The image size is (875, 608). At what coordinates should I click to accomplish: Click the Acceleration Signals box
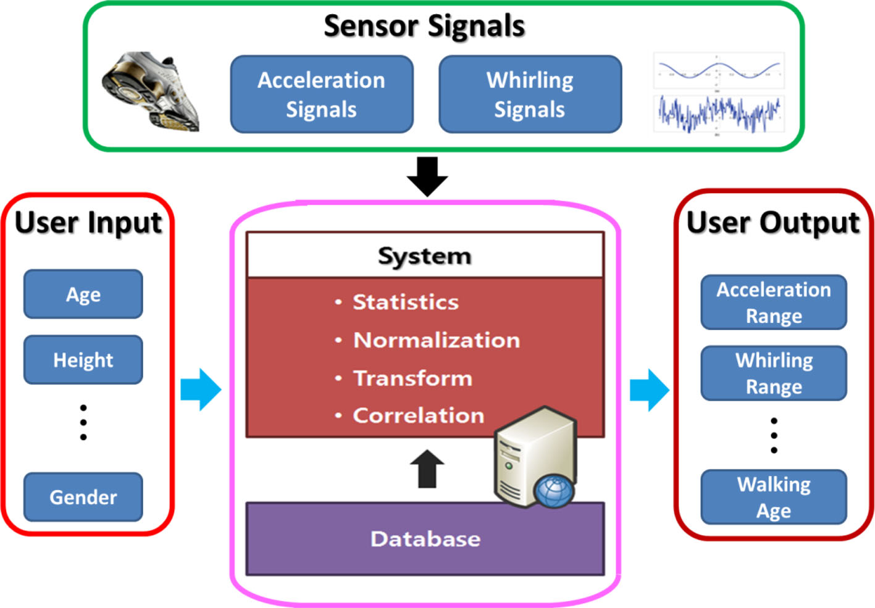(321, 94)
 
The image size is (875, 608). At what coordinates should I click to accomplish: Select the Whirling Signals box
(530, 94)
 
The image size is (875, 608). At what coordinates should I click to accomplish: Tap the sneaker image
(150, 91)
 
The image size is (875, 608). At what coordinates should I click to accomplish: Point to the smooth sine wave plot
(719, 70)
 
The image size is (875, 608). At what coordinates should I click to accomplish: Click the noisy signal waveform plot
(719, 113)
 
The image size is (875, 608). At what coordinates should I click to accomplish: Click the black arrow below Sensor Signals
(427, 176)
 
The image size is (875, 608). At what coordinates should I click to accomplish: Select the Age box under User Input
(83, 294)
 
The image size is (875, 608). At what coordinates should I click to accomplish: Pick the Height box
(83, 360)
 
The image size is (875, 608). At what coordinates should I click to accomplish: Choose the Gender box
(83, 497)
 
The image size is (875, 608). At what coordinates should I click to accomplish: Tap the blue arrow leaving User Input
(201, 389)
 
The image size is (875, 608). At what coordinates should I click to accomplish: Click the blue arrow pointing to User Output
(649, 389)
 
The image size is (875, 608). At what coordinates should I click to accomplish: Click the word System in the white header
(424, 256)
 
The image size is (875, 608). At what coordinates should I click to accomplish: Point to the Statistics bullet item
(405, 302)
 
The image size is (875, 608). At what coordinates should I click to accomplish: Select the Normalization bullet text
(436, 340)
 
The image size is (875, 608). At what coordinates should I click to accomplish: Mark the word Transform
(412, 378)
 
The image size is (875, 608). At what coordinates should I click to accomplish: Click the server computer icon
(535, 457)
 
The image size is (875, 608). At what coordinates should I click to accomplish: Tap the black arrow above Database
(427, 469)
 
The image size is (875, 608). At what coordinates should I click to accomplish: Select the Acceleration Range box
(773, 302)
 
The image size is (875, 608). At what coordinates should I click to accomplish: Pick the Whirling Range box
(773, 373)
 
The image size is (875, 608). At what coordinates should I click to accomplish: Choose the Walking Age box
(773, 498)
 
